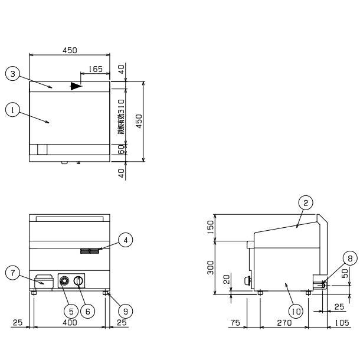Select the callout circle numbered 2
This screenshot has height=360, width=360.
pos(305,203)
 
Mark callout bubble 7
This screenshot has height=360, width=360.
pos(11,273)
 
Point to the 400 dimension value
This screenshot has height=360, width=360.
pos(70,323)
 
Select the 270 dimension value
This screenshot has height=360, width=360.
pos(284,323)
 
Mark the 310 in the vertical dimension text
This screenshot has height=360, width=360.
pos(122,109)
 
